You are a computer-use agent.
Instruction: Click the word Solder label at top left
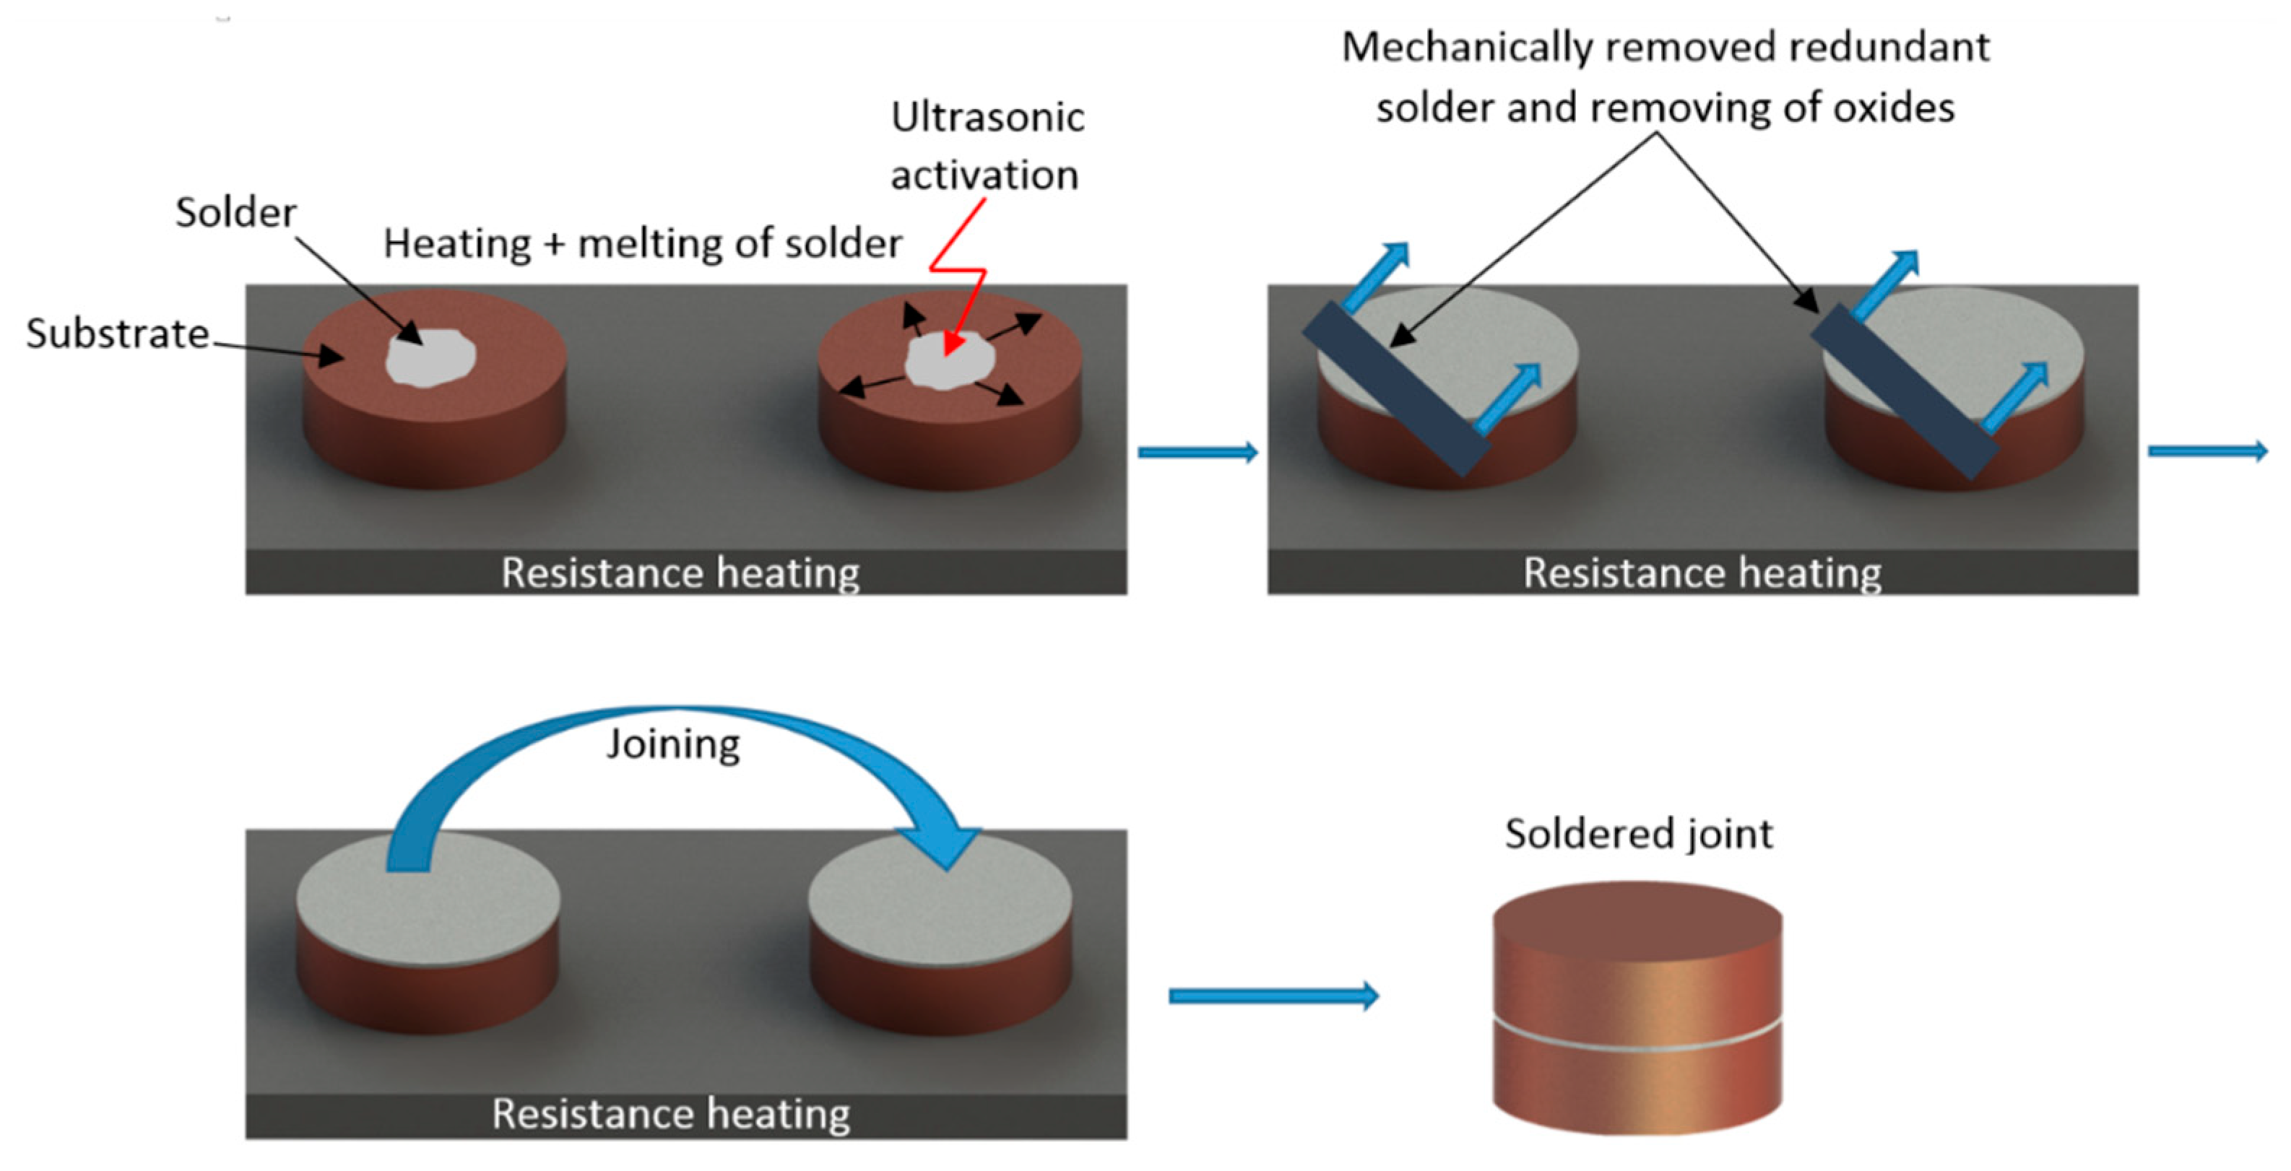[235, 212]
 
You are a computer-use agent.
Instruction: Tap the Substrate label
[118, 334]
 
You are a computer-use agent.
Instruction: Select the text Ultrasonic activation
[987, 146]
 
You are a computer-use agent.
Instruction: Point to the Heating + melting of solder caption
[642, 243]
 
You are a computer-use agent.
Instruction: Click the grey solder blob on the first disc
[430, 357]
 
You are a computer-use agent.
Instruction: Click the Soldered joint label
[1638, 834]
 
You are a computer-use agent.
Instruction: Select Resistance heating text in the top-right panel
[1702, 573]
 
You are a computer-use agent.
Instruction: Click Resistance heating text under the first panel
[680, 573]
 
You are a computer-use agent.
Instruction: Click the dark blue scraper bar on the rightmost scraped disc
[1903, 391]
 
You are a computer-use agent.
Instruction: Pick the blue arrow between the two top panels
[1197, 453]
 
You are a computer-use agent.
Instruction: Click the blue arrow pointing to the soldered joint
[1273, 995]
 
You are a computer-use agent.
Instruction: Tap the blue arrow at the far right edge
[2206, 452]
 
